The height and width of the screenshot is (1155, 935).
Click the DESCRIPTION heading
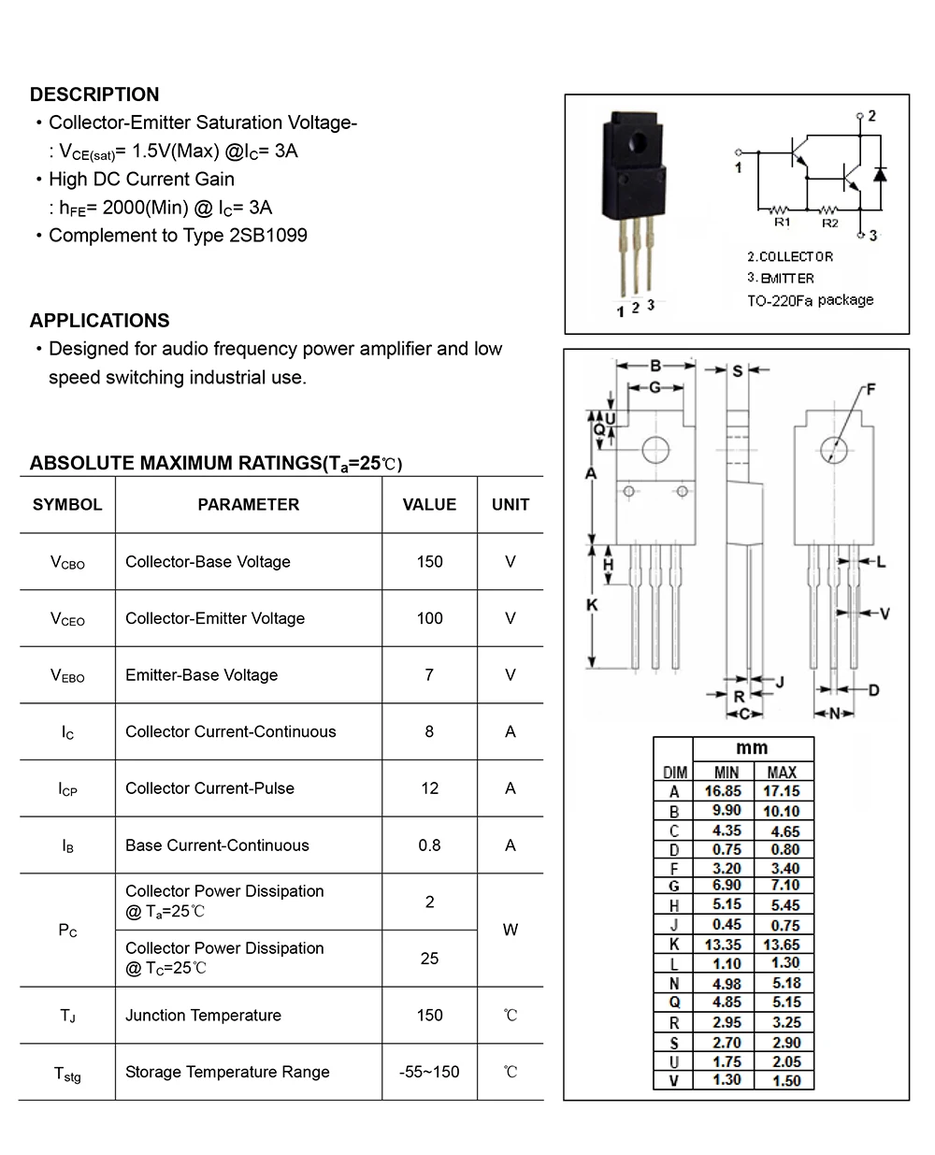94,94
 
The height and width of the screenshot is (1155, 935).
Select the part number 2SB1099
268,236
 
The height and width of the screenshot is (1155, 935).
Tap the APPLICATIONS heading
99,321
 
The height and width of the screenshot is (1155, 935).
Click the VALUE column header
429,505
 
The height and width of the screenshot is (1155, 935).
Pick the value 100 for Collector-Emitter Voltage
429,618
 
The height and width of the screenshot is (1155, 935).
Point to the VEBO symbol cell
67,675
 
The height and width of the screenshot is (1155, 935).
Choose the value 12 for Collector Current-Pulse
429,788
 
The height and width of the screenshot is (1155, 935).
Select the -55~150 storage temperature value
429,1072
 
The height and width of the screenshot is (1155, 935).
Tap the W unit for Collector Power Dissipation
510,930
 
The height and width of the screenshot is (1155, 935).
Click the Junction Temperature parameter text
203,1016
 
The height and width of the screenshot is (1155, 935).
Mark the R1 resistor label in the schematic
782,223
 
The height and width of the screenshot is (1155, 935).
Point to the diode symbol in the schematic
879,174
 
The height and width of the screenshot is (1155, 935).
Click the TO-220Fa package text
810,300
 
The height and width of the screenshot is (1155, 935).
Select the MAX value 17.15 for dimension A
782,791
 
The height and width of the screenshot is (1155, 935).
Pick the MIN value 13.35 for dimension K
726,945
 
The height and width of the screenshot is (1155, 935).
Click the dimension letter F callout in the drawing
870,389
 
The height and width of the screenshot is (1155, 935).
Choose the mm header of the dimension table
752,748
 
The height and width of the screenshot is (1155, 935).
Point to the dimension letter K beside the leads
591,606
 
